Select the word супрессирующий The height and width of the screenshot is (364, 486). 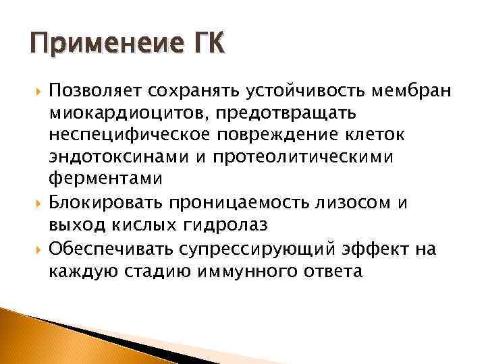tap(263, 249)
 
